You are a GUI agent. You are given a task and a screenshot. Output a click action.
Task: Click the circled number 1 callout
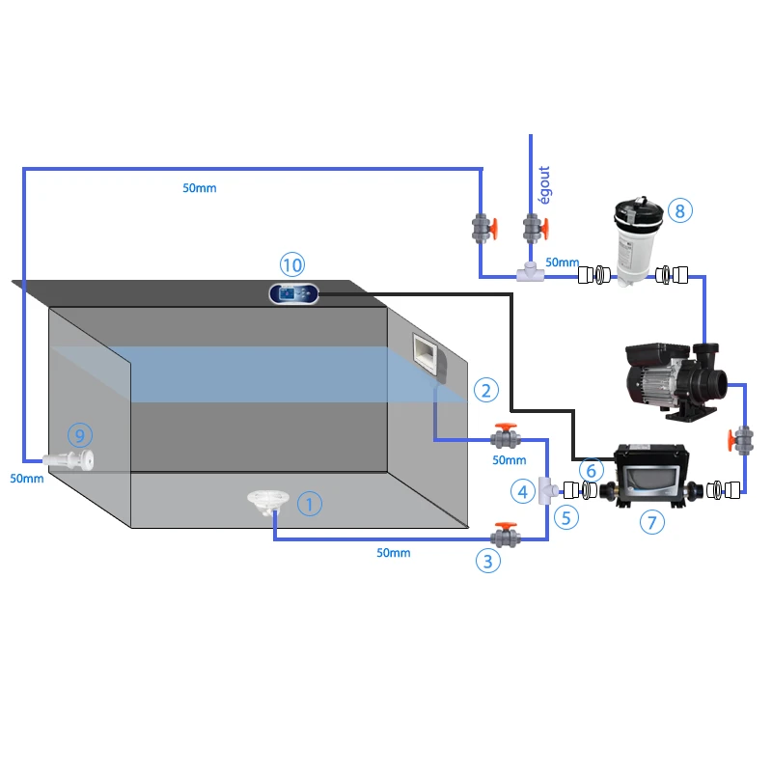[309, 503]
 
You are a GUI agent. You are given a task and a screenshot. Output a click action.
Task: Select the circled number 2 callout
[486, 390]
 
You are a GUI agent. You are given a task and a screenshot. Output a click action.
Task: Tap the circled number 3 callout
[487, 560]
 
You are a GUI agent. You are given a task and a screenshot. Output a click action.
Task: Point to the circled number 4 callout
[522, 492]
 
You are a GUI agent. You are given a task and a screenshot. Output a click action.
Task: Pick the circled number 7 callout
[652, 523]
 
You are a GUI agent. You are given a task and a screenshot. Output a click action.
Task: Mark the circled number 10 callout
[291, 263]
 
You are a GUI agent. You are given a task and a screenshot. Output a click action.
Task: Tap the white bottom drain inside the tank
[263, 501]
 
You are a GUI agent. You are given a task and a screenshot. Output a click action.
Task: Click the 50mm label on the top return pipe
[200, 188]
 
